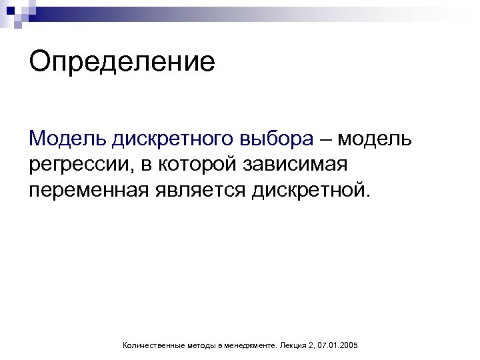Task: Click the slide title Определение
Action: [x=122, y=63]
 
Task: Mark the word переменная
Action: [x=89, y=190]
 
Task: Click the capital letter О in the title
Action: [x=39, y=61]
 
